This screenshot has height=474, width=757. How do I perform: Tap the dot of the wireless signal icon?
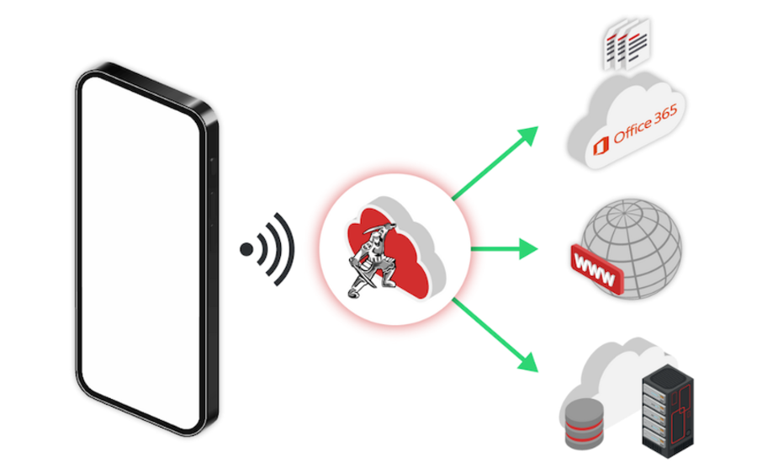point(246,249)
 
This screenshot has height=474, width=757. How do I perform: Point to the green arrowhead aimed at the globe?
point(529,249)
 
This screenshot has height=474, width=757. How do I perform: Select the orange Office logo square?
point(601,146)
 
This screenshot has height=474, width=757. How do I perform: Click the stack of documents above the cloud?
point(627,45)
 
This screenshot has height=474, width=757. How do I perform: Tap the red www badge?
point(596,269)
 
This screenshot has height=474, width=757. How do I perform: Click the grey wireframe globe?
point(633,249)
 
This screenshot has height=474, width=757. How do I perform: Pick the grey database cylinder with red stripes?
point(585,423)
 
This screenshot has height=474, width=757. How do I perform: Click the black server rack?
point(668,411)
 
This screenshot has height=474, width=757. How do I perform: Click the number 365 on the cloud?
point(666,115)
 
